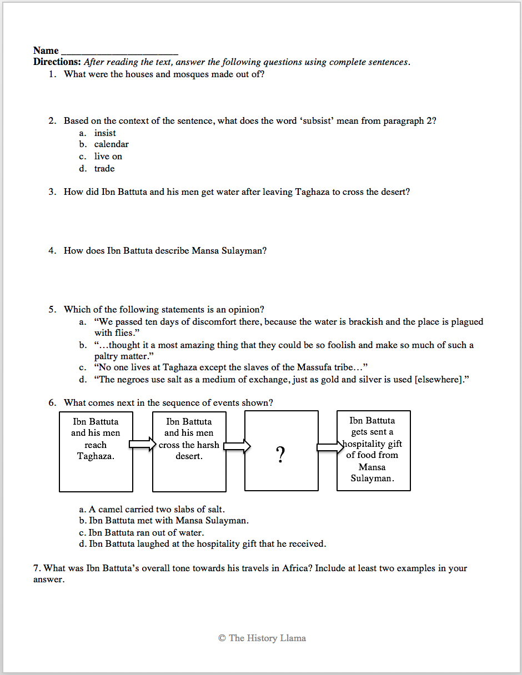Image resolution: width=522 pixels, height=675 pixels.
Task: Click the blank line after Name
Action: tap(119, 52)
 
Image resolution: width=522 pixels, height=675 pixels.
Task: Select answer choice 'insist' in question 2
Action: tap(105, 133)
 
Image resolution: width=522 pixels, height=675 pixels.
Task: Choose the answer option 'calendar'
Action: tap(111, 144)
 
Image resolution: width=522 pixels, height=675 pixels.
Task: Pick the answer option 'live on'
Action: tap(108, 157)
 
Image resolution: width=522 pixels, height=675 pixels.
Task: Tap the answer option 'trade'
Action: tap(104, 168)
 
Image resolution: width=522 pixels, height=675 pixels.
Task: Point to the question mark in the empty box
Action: tap(281, 455)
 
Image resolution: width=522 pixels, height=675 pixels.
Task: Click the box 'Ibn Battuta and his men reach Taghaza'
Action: tap(96, 451)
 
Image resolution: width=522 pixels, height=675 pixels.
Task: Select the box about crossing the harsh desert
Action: tap(189, 451)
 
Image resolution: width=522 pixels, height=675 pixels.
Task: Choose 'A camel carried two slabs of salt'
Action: tap(157, 509)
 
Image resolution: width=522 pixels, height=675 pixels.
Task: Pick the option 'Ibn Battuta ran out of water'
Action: tap(146, 532)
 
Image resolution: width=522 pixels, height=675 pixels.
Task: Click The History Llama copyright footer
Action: tap(262, 638)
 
